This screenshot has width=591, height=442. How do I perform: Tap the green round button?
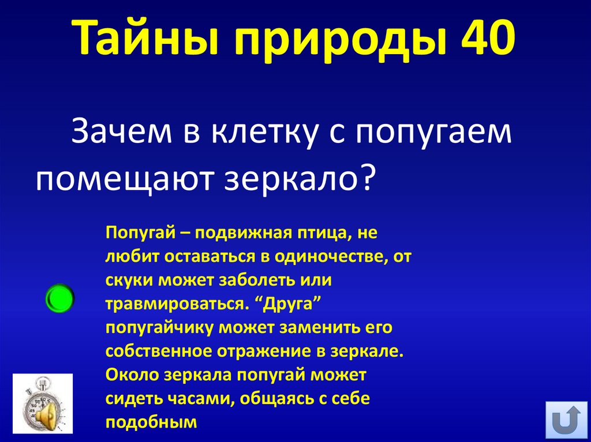click(x=59, y=298)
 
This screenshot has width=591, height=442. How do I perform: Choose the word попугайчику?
click(x=156, y=327)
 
